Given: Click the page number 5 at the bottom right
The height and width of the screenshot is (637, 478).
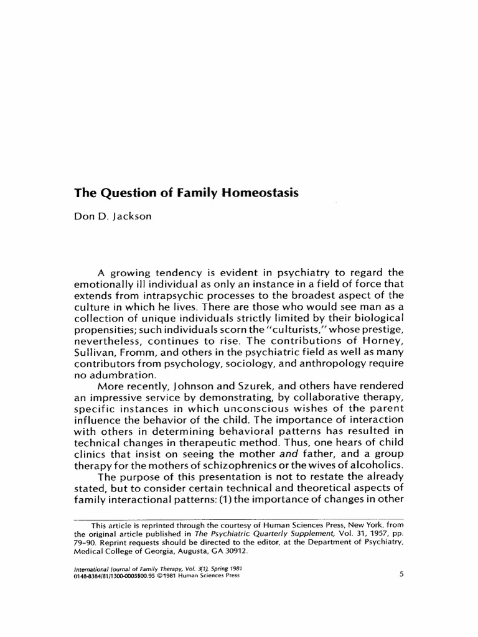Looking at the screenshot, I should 401,574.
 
